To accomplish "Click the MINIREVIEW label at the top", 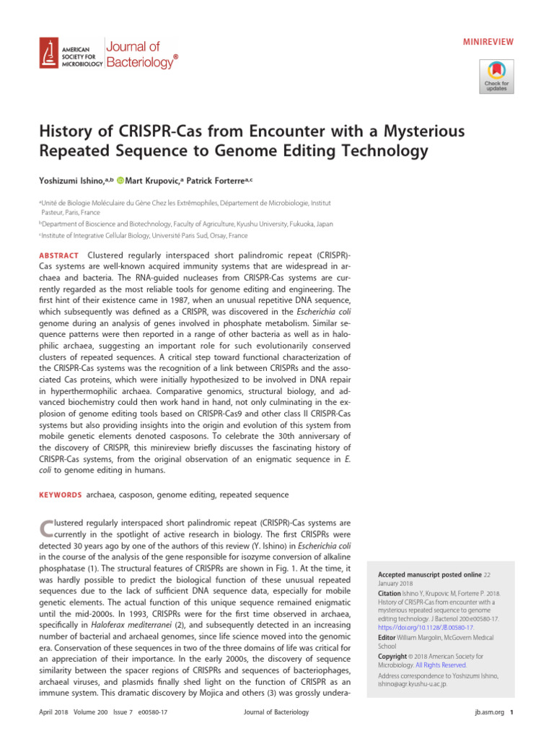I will pos(488,42).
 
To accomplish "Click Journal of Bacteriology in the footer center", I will pos(276,712).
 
